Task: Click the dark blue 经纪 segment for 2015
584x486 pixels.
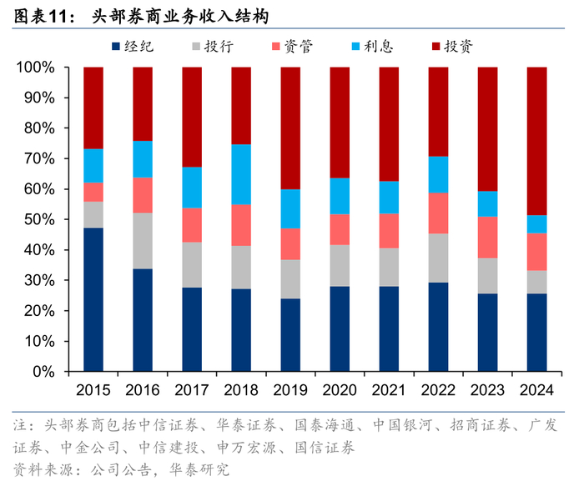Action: tap(93, 299)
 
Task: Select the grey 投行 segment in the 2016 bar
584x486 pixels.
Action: tap(143, 240)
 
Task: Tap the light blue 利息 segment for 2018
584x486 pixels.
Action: tap(241, 174)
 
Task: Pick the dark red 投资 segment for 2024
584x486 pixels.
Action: tap(537, 141)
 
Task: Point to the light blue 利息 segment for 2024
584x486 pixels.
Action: tap(537, 223)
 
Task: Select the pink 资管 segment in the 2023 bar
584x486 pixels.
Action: tap(488, 237)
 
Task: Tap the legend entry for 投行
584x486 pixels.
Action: tap(209, 47)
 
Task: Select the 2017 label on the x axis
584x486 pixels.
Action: tap(192, 390)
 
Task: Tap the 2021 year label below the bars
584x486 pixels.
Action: tap(389, 390)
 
